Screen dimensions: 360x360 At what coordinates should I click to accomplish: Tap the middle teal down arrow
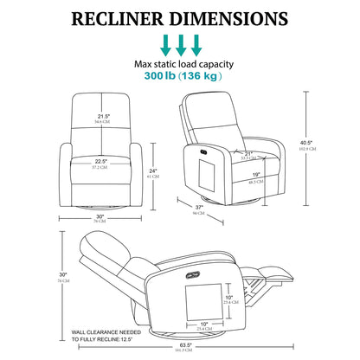tap(180, 43)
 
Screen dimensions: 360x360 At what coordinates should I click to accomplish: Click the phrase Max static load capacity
tap(180, 63)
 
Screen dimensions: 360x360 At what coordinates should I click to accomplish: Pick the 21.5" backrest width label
tap(105, 117)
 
